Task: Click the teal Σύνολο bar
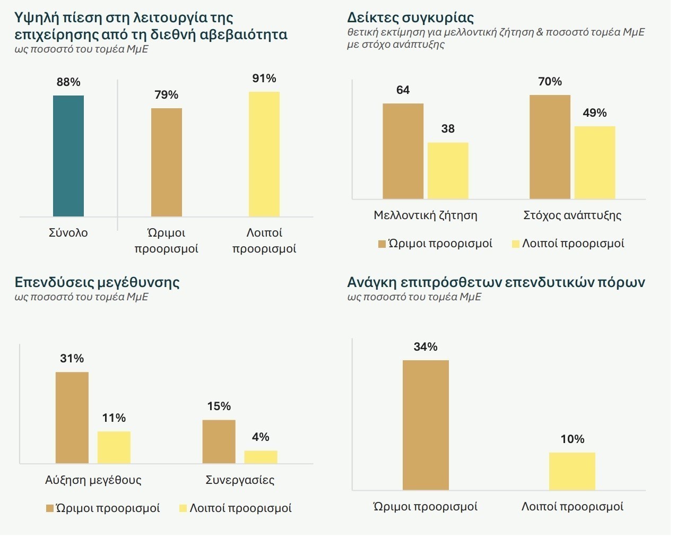tap(68, 156)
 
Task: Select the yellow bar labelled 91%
tap(264, 154)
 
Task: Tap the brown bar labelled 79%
tap(167, 162)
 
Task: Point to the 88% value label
tap(68, 82)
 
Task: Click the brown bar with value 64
tap(403, 151)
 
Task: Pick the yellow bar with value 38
tap(448, 171)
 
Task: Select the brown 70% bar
tap(550, 147)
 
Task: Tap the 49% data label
tap(594, 113)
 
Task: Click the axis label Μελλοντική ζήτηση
tap(426, 215)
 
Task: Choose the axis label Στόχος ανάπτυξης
tap(572, 215)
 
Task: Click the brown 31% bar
tap(72, 418)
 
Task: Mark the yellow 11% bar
tap(114, 447)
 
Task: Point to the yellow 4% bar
tap(261, 457)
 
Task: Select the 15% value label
tap(219, 406)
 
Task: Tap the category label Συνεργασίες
tap(240, 480)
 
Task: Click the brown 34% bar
tap(426, 425)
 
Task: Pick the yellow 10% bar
tap(572, 471)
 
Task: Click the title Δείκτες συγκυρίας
tap(410, 18)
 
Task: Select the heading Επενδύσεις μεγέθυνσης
tap(97, 282)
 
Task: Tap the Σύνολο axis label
tap(68, 233)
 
